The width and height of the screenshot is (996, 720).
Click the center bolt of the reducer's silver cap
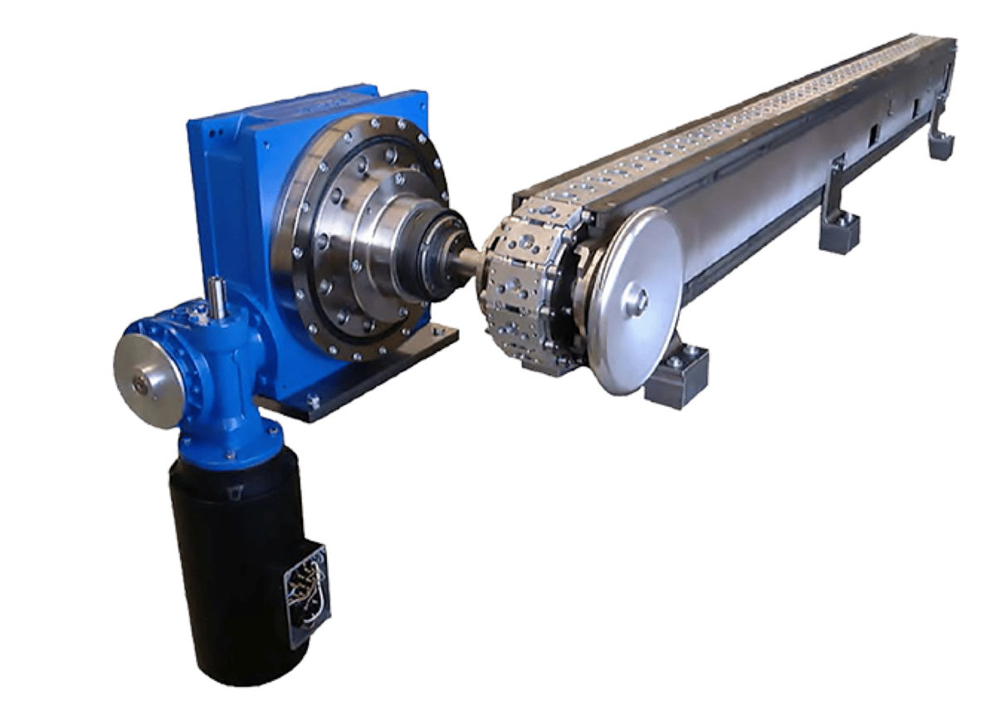[140, 384]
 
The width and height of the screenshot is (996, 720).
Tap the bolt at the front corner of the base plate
[313, 402]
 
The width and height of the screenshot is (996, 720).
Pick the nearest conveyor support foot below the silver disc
[676, 378]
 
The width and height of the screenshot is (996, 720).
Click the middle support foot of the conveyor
[838, 228]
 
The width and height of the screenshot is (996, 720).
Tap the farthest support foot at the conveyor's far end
[942, 141]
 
